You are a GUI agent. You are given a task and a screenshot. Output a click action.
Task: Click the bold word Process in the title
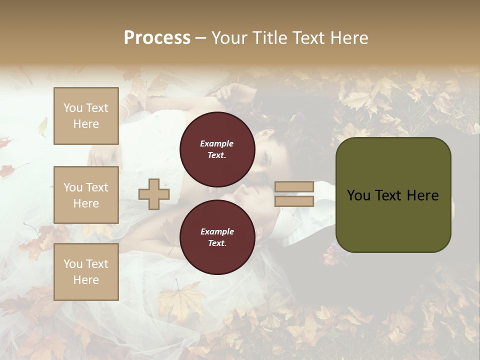point(157,38)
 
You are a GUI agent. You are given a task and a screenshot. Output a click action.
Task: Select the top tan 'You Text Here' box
point(86,116)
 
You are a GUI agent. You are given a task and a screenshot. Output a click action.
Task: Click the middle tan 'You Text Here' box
point(86,195)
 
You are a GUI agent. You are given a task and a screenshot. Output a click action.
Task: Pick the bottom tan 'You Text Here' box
point(86,272)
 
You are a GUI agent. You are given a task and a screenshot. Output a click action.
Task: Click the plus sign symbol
point(153,194)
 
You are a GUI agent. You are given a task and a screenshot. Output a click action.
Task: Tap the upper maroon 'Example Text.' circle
point(217,149)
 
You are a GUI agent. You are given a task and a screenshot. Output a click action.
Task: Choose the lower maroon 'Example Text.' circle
point(217,237)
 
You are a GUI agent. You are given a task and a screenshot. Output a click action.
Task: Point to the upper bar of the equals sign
point(294,187)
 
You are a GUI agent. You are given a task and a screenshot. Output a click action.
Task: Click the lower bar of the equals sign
point(294,201)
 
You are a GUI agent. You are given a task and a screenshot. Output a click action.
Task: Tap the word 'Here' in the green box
point(422,195)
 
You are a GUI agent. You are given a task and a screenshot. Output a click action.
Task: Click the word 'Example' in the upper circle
point(217,144)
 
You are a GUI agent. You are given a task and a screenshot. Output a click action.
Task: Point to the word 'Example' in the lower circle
point(217,232)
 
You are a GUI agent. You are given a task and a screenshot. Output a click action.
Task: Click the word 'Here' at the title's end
point(350,38)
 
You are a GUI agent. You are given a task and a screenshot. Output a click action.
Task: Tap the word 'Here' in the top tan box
point(86,124)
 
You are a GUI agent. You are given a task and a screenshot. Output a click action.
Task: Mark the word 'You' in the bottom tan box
point(72,264)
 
